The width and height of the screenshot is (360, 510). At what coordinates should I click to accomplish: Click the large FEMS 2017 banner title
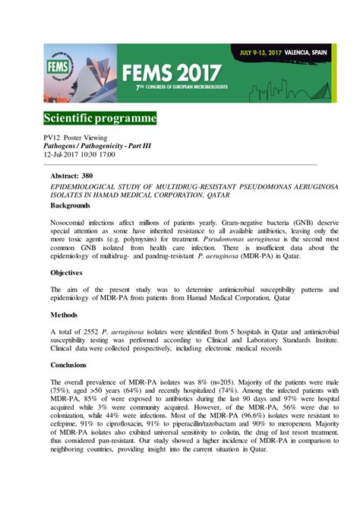pos(174,73)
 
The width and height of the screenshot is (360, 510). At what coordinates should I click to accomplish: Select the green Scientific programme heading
pos(99,119)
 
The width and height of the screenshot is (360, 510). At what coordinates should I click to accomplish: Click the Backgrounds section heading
pos(75,205)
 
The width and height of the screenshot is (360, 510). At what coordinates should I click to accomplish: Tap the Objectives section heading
pos(71,272)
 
